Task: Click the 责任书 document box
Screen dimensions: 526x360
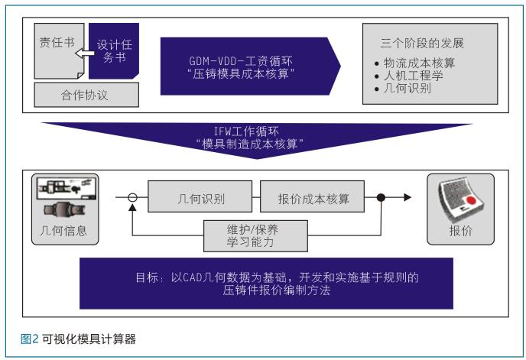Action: (59, 51)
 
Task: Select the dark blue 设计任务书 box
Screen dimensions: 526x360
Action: (114, 51)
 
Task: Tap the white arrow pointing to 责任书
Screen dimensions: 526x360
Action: (85, 53)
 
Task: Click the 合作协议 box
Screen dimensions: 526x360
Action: (86, 95)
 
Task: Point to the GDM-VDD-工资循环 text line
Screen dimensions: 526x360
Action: (241, 61)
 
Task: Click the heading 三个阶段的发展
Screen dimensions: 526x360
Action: (422, 43)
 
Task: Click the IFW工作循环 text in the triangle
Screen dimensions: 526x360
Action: (246, 131)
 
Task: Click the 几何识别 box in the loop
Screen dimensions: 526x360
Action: (200, 196)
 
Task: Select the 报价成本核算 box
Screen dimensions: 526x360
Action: (312, 196)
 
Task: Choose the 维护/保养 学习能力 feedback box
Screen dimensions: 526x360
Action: (255, 236)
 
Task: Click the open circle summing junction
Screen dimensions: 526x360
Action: (133, 197)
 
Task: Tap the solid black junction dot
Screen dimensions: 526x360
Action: (381, 197)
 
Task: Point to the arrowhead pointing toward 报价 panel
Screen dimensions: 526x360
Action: (407, 197)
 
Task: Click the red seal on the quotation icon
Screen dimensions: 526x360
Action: (471, 200)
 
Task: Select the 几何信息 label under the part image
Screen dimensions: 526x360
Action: (63, 231)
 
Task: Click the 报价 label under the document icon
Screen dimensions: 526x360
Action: (460, 231)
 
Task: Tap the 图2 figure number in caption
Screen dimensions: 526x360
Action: (30, 339)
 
